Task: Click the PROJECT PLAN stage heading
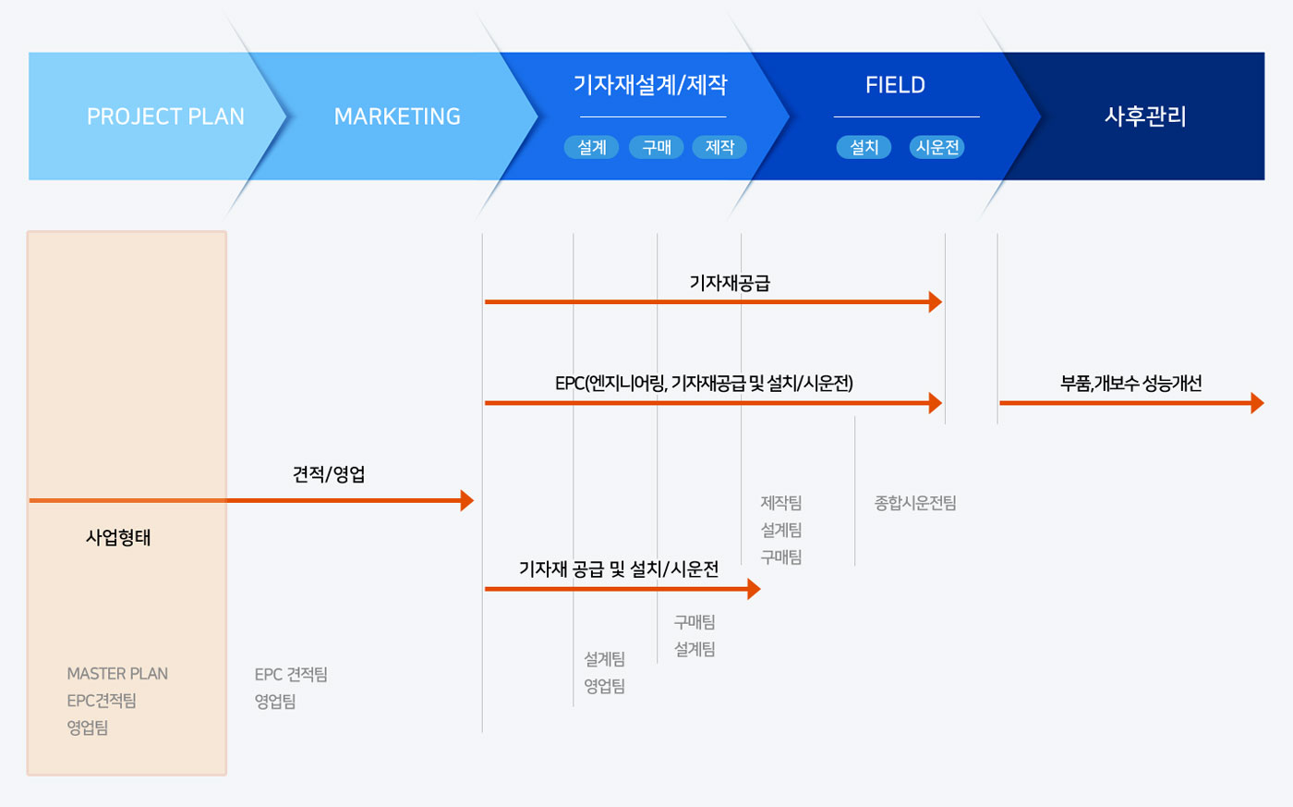pyautogui.click(x=165, y=116)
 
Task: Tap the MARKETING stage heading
pyautogui.click(x=397, y=116)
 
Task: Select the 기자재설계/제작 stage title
pyautogui.click(x=650, y=85)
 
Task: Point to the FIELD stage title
pyautogui.click(x=895, y=85)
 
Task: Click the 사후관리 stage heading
pyautogui.click(x=1145, y=116)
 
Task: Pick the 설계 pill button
pyautogui.click(x=592, y=147)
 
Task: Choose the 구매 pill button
pyautogui.click(x=657, y=147)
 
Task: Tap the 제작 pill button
pyautogui.click(x=719, y=147)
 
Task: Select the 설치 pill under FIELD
pyautogui.click(x=864, y=147)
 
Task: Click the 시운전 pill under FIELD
pyautogui.click(x=937, y=147)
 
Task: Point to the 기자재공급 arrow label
pyautogui.click(x=730, y=283)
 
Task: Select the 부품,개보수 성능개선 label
pyautogui.click(x=1130, y=383)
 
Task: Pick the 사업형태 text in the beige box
pyautogui.click(x=118, y=537)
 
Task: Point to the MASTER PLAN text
pyautogui.click(x=117, y=674)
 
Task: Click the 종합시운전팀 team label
pyautogui.click(x=915, y=503)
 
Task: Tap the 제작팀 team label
pyautogui.click(x=781, y=503)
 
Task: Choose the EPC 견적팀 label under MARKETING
pyautogui.click(x=291, y=674)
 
